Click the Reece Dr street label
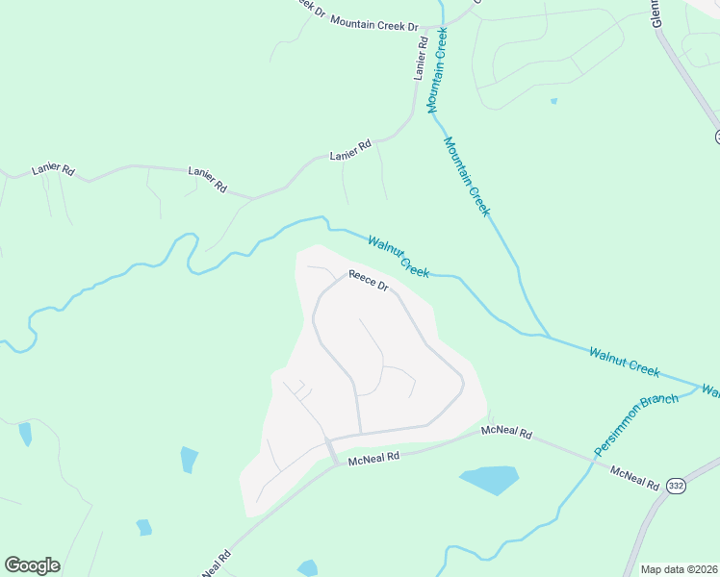(x=369, y=281)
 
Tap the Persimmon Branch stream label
(x=636, y=424)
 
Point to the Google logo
(x=32, y=565)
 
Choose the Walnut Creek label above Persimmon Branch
(x=625, y=362)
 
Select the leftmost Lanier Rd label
(x=53, y=168)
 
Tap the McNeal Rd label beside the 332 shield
(x=634, y=476)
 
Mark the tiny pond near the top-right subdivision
(x=553, y=100)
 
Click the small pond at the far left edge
(x=25, y=434)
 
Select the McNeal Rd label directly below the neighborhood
(x=373, y=458)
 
